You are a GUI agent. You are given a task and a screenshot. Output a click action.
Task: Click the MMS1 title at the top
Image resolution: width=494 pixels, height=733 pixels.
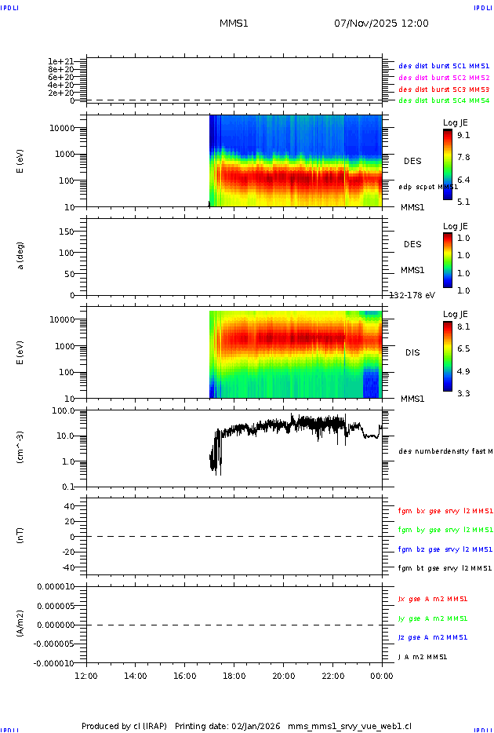(x=234, y=24)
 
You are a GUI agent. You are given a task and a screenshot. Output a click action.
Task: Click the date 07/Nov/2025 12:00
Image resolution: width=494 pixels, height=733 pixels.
(x=381, y=24)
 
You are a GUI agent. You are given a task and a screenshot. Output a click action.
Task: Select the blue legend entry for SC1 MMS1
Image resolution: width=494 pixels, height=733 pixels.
(x=444, y=66)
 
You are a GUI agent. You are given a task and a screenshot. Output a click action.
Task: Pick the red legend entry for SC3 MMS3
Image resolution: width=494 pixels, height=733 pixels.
(x=444, y=89)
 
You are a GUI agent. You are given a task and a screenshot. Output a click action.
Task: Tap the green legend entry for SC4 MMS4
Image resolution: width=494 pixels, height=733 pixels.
(x=444, y=100)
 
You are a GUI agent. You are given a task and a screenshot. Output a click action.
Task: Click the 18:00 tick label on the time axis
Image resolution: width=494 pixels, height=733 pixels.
(x=234, y=676)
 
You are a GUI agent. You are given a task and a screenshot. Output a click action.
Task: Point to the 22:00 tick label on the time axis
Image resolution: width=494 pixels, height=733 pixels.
(x=332, y=676)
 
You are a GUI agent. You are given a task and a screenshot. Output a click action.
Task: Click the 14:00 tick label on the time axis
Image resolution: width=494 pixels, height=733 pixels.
(x=136, y=676)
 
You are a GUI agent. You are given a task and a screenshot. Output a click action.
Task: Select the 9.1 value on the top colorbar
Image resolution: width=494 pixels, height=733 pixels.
(x=464, y=136)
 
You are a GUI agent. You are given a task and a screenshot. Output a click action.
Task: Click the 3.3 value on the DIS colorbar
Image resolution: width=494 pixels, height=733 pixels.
(x=464, y=393)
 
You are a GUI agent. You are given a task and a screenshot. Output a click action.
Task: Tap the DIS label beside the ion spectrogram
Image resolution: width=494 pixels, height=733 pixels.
(x=412, y=352)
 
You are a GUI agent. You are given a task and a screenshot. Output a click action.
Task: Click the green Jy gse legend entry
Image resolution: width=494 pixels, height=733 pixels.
(x=433, y=618)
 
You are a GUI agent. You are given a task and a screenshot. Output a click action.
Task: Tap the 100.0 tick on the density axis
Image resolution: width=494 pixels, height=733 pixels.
(x=63, y=410)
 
